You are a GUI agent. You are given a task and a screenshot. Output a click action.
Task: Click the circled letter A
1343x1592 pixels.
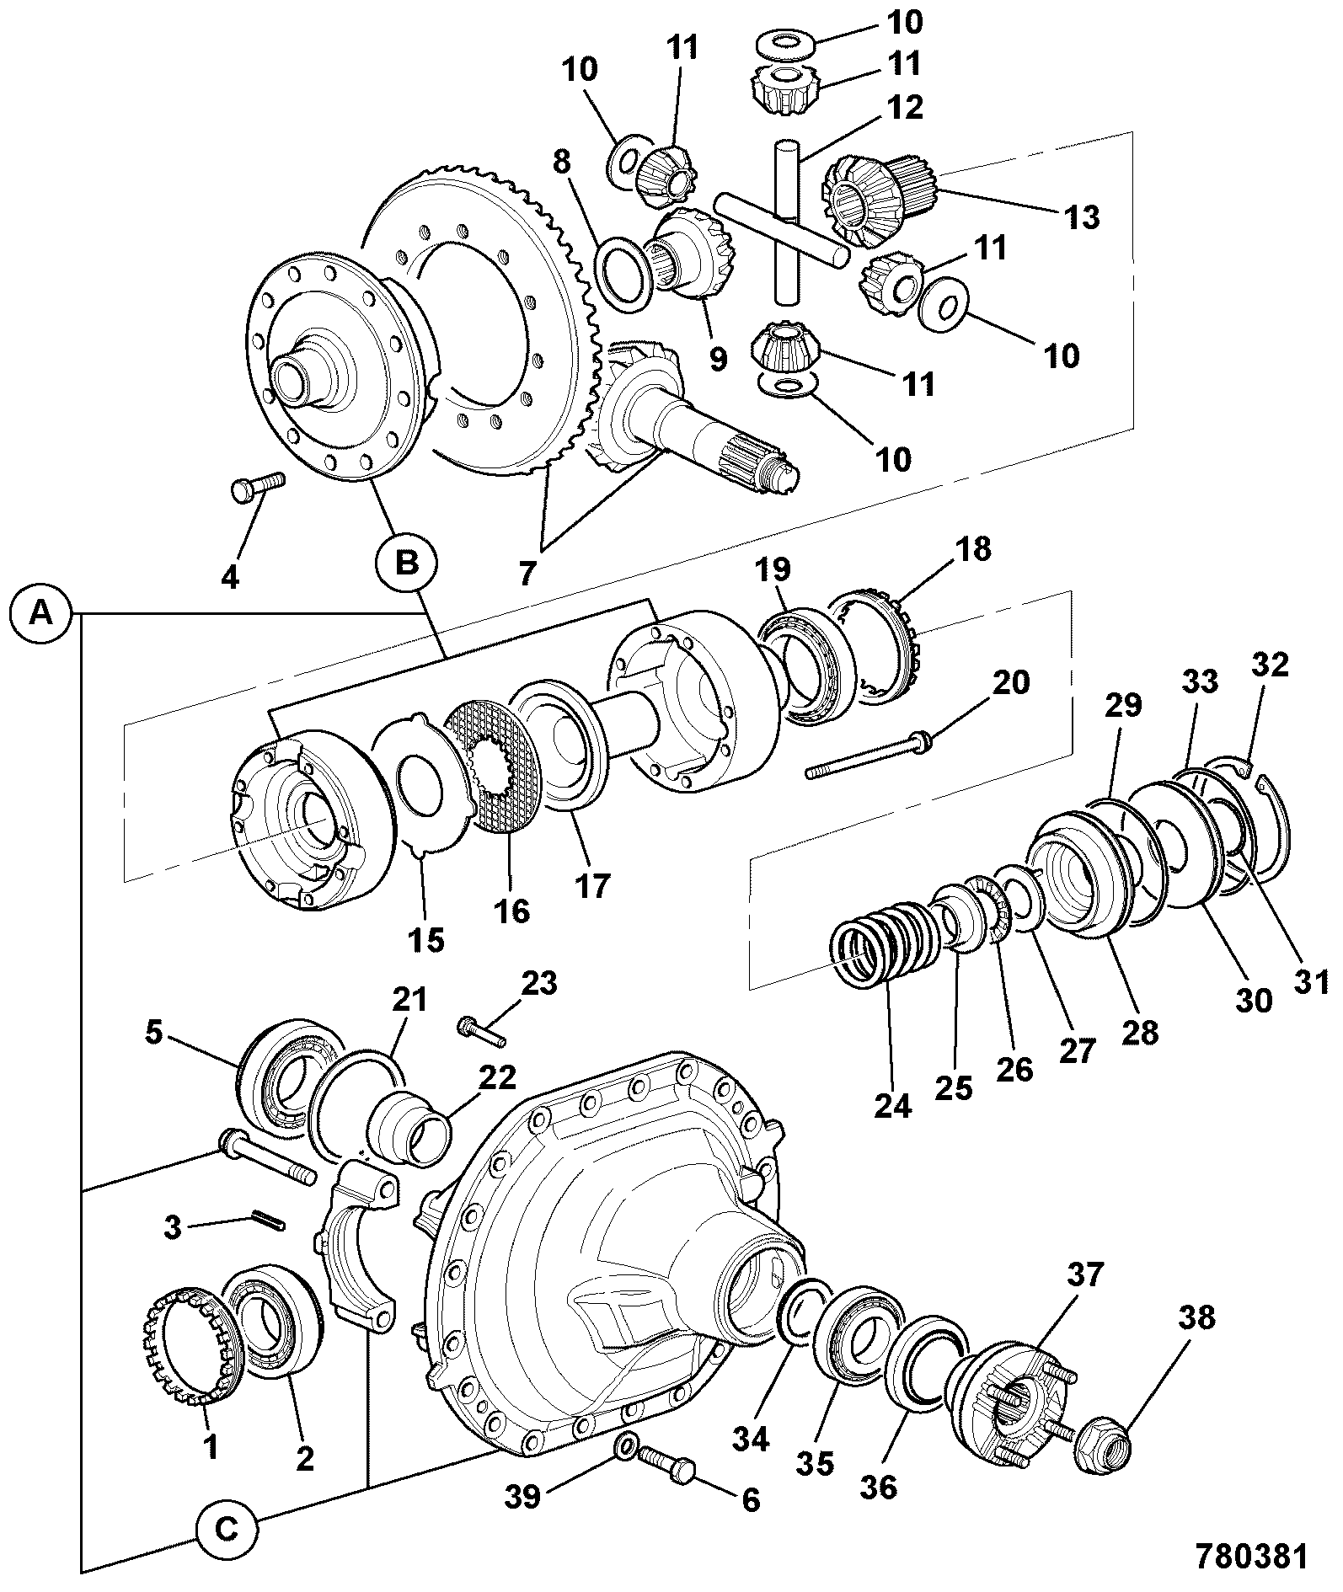(40, 615)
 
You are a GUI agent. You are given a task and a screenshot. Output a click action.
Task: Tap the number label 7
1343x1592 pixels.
(527, 573)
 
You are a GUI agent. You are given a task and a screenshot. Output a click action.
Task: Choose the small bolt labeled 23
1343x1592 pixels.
(480, 1031)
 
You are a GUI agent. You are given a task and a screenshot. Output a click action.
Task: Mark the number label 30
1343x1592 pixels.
(1253, 1000)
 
